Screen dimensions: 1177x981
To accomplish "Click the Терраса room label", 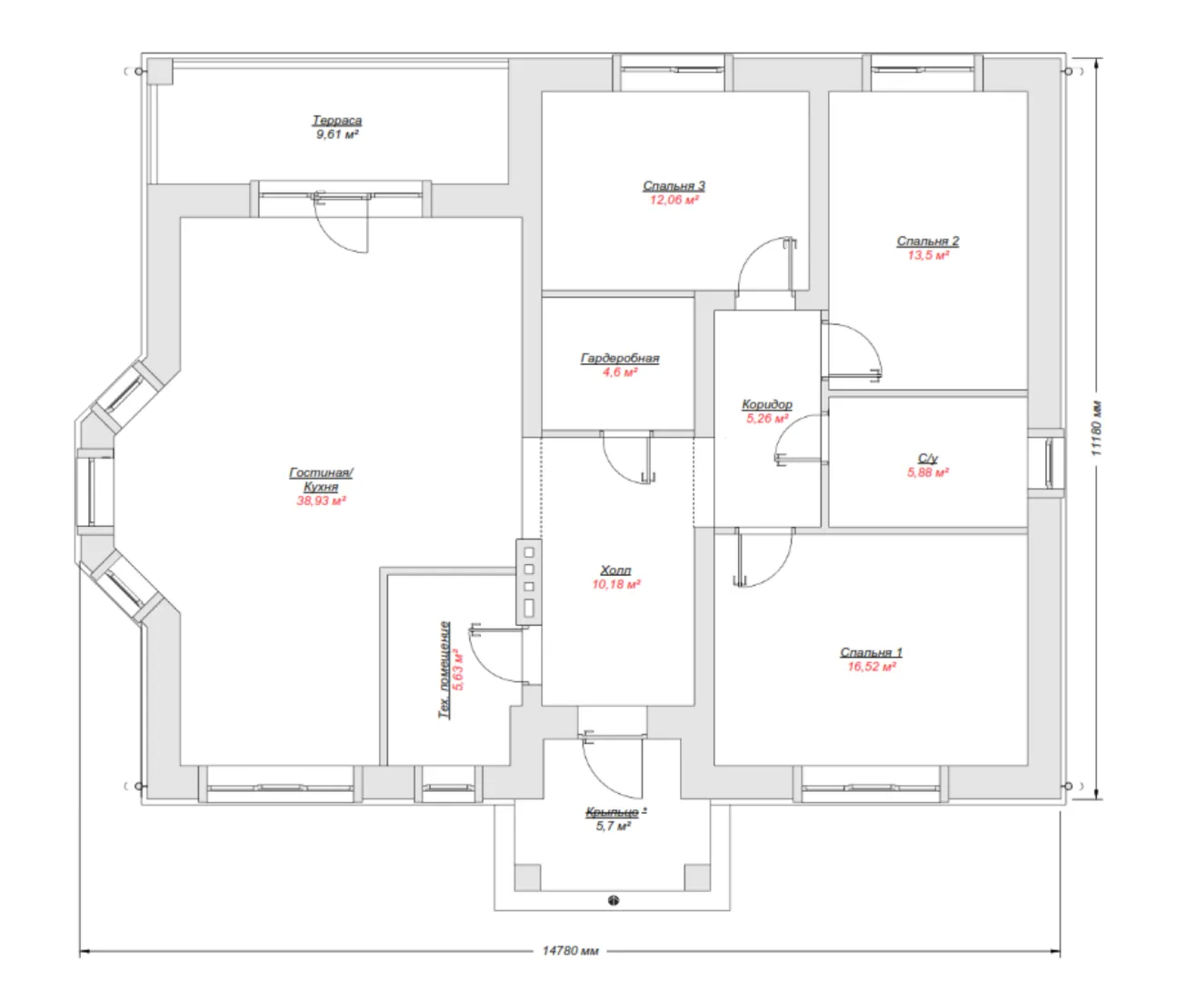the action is (336, 120).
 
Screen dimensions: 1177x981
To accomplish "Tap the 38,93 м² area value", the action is (321, 500).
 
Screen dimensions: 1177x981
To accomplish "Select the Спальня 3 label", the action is (673, 185).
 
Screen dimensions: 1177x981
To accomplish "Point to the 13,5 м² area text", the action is (928, 254).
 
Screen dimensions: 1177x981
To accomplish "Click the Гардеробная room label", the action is (620, 358).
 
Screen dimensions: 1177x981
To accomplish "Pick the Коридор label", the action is (766, 404).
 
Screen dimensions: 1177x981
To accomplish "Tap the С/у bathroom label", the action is (927, 458).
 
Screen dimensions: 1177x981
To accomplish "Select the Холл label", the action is (615, 570).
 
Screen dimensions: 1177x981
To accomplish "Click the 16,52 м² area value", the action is (872, 666).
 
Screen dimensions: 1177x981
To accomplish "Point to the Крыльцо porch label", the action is (613, 812).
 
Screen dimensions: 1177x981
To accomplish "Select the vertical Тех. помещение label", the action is (444, 669).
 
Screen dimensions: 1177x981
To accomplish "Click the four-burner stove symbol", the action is (529, 582).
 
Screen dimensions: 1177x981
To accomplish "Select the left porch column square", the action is (527, 877).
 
